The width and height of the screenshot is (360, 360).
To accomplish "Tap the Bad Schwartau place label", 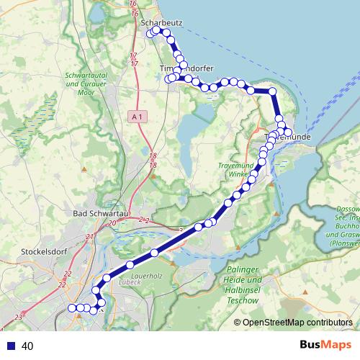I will pyautogui.click(x=102, y=213).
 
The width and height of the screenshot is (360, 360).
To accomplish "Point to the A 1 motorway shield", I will pyautogui.click(x=139, y=116).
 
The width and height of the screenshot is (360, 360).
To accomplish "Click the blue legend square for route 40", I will pyautogui.click(x=9, y=346).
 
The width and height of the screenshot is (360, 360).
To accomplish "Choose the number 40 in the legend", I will pyautogui.click(x=27, y=346).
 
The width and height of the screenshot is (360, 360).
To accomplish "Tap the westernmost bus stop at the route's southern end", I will pyautogui.click(x=71, y=308).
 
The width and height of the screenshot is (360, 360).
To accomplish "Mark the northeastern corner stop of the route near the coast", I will pyautogui.click(x=272, y=91).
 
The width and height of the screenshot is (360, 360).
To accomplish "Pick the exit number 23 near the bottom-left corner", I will pyautogui.click(x=17, y=318).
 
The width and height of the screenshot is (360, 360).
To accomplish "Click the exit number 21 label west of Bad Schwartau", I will pyautogui.click(x=89, y=237).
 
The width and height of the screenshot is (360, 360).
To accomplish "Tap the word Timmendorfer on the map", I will pyautogui.click(x=182, y=67).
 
